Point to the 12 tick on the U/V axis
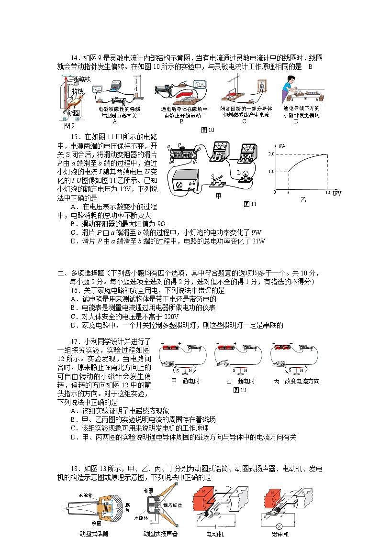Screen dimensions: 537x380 point(327,192)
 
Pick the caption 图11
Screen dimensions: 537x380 point(250,204)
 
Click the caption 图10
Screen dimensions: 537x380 point(208,130)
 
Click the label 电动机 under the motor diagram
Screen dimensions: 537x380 point(214,534)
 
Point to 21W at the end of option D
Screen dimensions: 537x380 point(258,241)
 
